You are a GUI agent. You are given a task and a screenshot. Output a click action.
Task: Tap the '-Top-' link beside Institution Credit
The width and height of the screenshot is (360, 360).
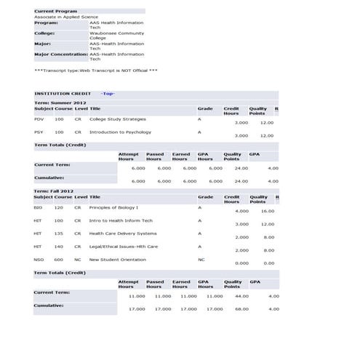coord(108,93)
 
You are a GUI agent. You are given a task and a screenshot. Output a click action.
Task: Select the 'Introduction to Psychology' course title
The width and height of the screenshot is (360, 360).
coord(121,132)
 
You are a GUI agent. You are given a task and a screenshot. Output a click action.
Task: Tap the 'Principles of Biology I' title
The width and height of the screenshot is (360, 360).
coord(113,207)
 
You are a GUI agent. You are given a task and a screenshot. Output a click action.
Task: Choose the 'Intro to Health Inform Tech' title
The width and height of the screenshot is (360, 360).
coord(121,220)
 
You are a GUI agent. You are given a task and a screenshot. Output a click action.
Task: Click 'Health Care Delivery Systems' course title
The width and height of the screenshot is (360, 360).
coord(123,233)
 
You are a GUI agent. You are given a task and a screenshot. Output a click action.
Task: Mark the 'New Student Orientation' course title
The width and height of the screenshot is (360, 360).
coord(117,260)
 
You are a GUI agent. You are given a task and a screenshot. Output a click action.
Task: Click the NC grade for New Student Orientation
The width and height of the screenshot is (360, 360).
coord(201,260)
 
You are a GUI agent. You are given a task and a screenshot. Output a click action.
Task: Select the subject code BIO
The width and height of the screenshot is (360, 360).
coord(38,207)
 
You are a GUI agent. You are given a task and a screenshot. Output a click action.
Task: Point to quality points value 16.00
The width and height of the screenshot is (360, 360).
coord(268,211)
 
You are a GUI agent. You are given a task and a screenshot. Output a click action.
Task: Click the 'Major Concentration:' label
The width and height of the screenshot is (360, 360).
coord(60,54)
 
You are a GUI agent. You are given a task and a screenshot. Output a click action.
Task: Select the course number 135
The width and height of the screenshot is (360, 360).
coord(58,233)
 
